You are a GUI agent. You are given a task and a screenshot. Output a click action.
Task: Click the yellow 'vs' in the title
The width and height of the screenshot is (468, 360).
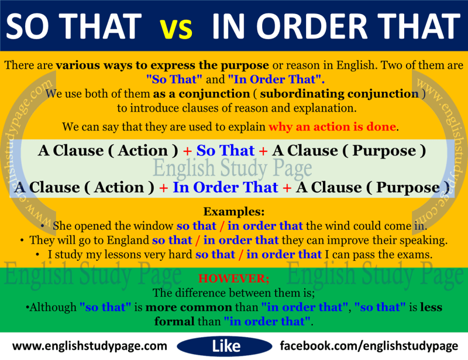pyautogui.click(x=176, y=26)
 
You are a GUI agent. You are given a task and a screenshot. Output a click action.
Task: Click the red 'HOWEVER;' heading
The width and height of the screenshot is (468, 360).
pyautogui.click(x=234, y=279)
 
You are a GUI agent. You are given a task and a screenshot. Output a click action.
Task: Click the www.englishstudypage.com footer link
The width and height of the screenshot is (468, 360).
pyautogui.click(x=90, y=345)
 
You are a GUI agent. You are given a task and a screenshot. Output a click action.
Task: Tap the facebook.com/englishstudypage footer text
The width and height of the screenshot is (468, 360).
pyautogui.click(x=369, y=345)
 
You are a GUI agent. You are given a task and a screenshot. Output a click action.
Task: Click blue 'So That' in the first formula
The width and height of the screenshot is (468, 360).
pyautogui.click(x=225, y=151)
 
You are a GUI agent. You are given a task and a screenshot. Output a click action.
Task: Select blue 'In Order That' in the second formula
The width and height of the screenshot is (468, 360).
pyautogui.click(x=226, y=188)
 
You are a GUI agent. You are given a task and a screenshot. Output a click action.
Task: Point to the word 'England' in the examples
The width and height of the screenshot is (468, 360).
pyautogui.click(x=125, y=240)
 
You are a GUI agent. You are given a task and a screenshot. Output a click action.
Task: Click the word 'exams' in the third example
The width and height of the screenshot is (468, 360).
pyautogui.click(x=416, y=254)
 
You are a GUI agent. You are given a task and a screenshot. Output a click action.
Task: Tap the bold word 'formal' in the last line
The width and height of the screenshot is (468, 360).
pyautogui.click(x=174, y=321)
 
